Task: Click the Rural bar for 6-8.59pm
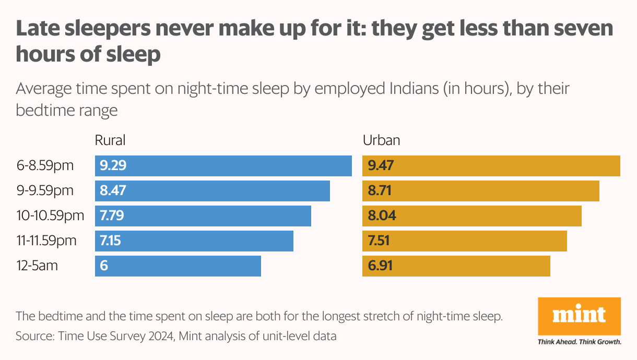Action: click(x=223, y=166)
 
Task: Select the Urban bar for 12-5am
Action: click(x=456, y=266)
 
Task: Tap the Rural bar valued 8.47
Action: click(x=212, y=191)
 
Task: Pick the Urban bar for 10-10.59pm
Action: click(x=471, y=216)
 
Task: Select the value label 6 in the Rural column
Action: click(x=103, y=266)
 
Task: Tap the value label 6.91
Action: click(x=380, y=266)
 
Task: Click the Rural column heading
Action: click(x=110, y=140)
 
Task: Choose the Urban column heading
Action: click(x=381, y=140)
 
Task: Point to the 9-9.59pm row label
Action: click(x=45, y=191)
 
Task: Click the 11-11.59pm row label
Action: click(x=46, y=241)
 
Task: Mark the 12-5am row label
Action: click(x=37, y=266)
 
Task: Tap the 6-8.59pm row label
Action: click(x=45, y=166)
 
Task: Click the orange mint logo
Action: click(x=579, y=316)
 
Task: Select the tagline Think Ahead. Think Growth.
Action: click(x=579, y=342)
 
